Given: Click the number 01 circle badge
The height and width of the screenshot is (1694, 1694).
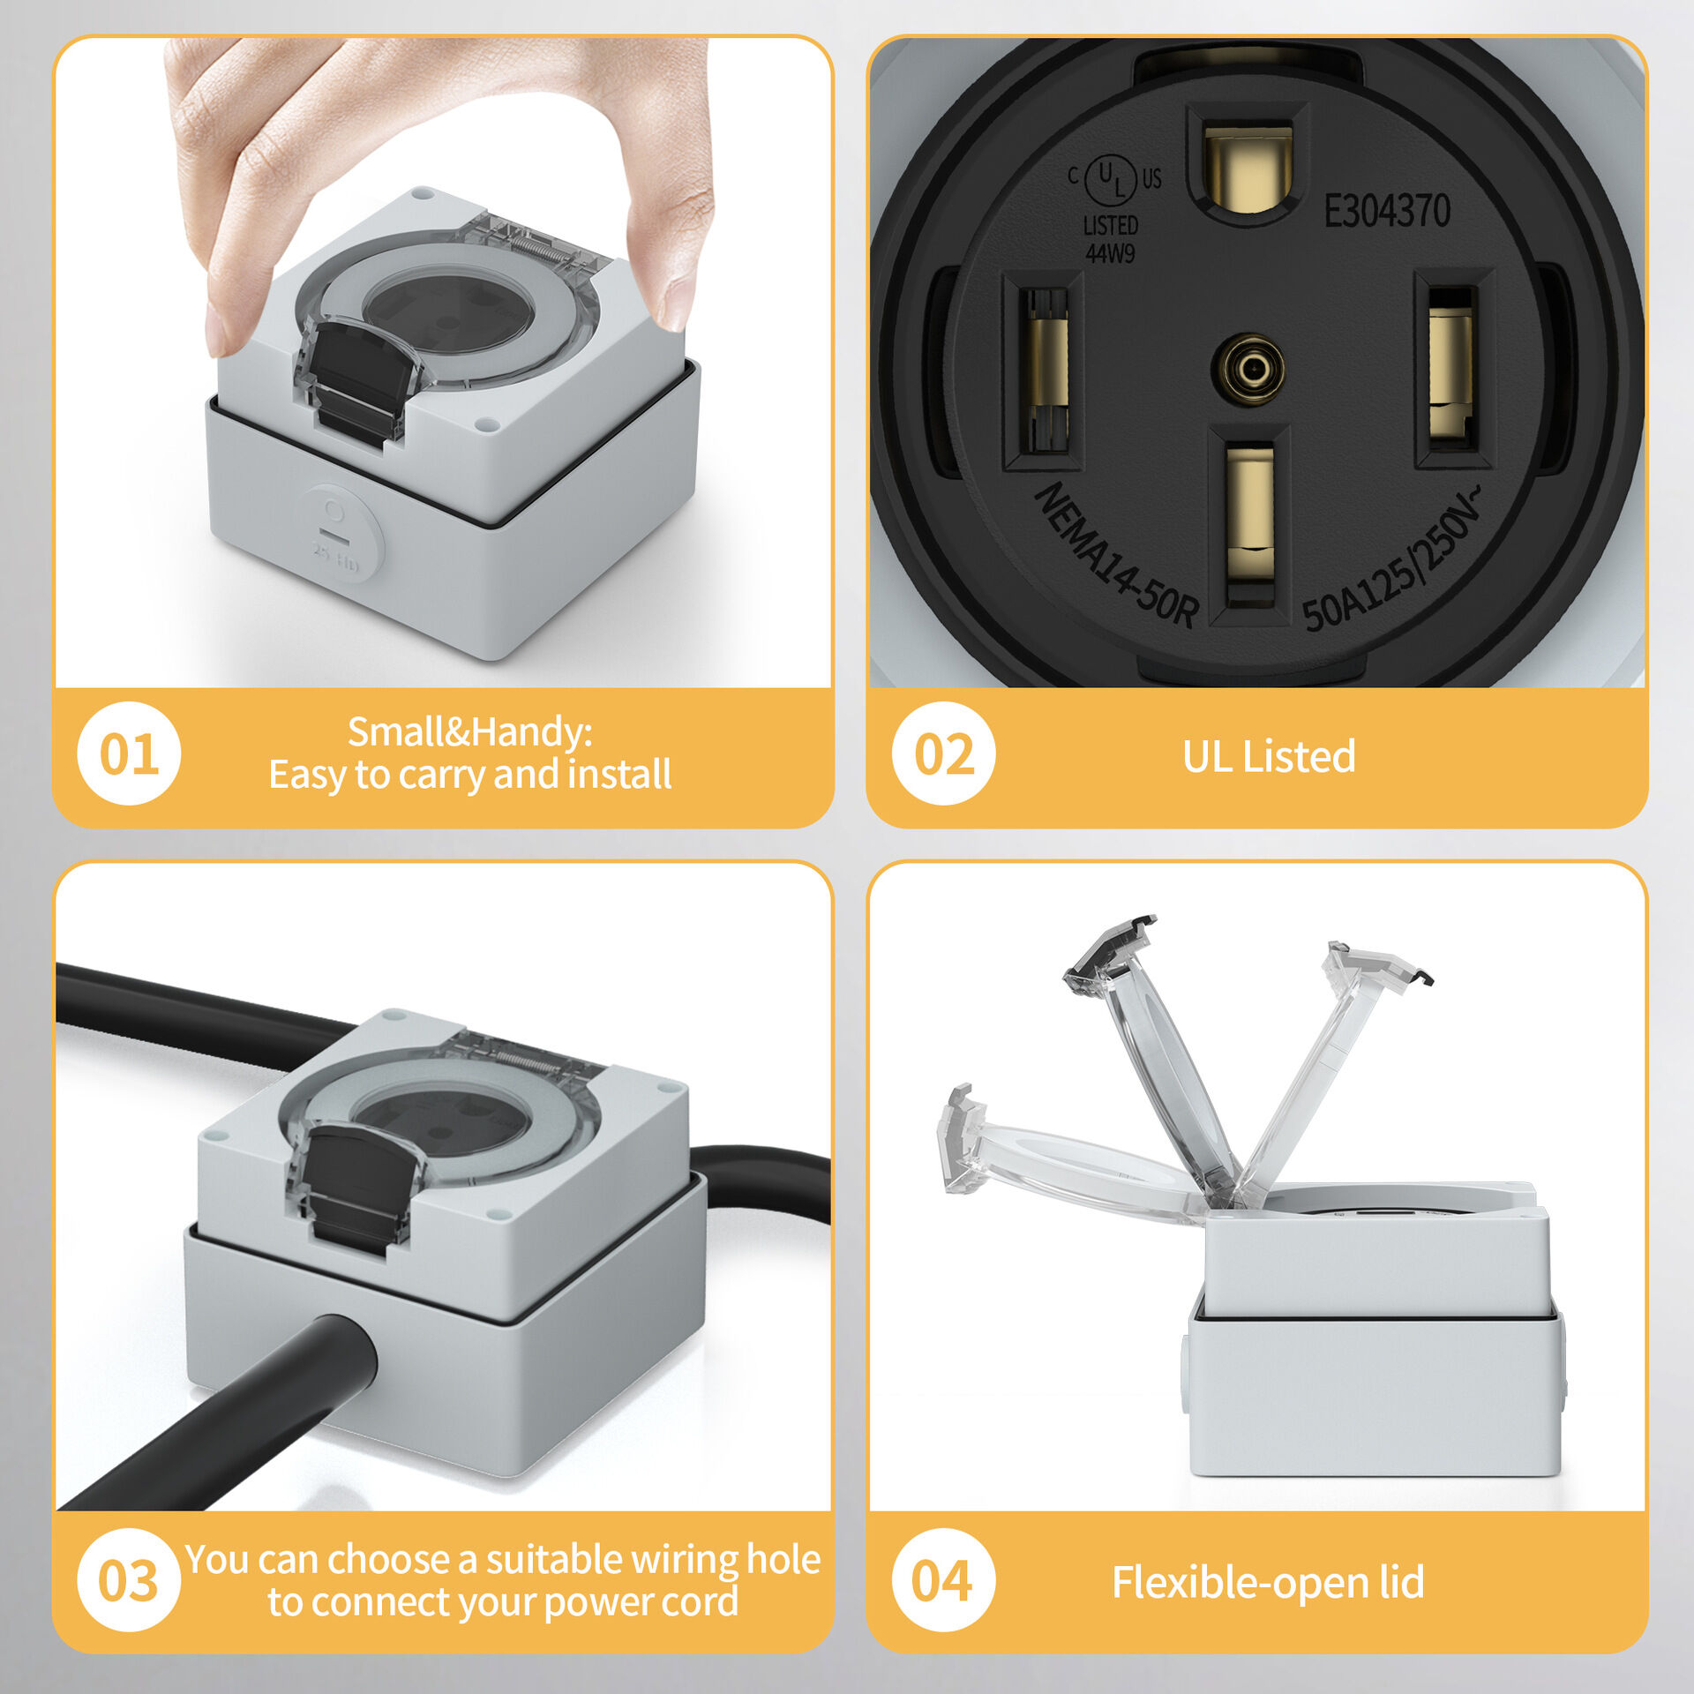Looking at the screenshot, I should click(x=129, y=753).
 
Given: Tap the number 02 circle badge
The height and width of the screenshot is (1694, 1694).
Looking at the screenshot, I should click(x=943, y=753).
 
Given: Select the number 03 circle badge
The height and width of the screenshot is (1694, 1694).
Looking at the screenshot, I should click(x=129, y=1579).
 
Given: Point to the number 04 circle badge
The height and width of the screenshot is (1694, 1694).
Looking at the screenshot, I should click(x=943, y=1579).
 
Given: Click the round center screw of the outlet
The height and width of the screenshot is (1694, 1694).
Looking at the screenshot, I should click(x=1248, y=368).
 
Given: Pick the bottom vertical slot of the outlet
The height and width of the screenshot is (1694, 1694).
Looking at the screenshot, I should click(x=1249, y=525).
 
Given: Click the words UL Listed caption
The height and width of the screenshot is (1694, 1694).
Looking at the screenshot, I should click(x=1268, y=757).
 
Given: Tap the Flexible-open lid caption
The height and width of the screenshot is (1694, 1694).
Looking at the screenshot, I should click(x=1268, y=1582).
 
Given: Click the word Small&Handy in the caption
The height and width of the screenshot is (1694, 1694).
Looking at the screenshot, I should click(x=469, y=732).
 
